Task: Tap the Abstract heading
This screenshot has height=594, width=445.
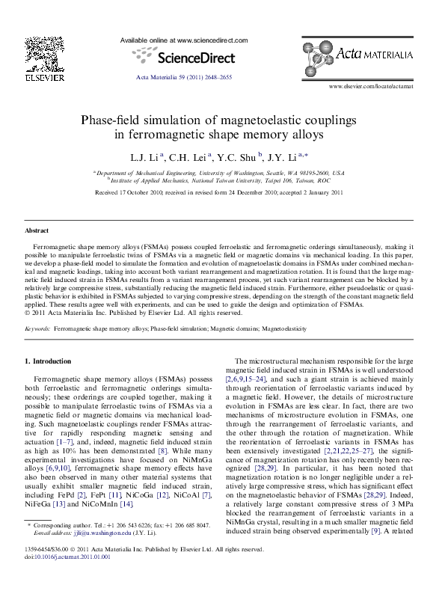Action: click(x=37, y=230)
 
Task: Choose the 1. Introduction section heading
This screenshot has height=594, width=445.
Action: click(x=49, y=361)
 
